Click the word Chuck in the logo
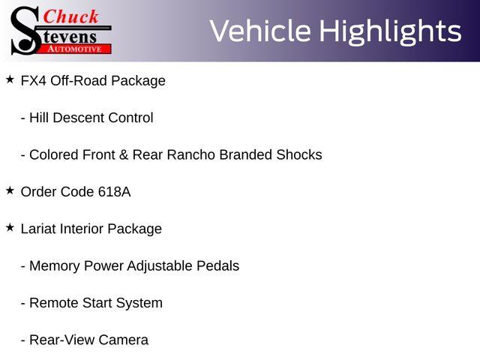70,16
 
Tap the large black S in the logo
25,31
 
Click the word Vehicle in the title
260,31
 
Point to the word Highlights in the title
390,31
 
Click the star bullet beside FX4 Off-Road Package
10,79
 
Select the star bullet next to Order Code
10,190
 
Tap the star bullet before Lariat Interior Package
10,227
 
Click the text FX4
33,81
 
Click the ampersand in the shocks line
124,155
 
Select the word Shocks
299,155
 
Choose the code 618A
115,192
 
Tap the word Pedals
218,266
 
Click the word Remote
54,303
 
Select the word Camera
123,340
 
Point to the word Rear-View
62,340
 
